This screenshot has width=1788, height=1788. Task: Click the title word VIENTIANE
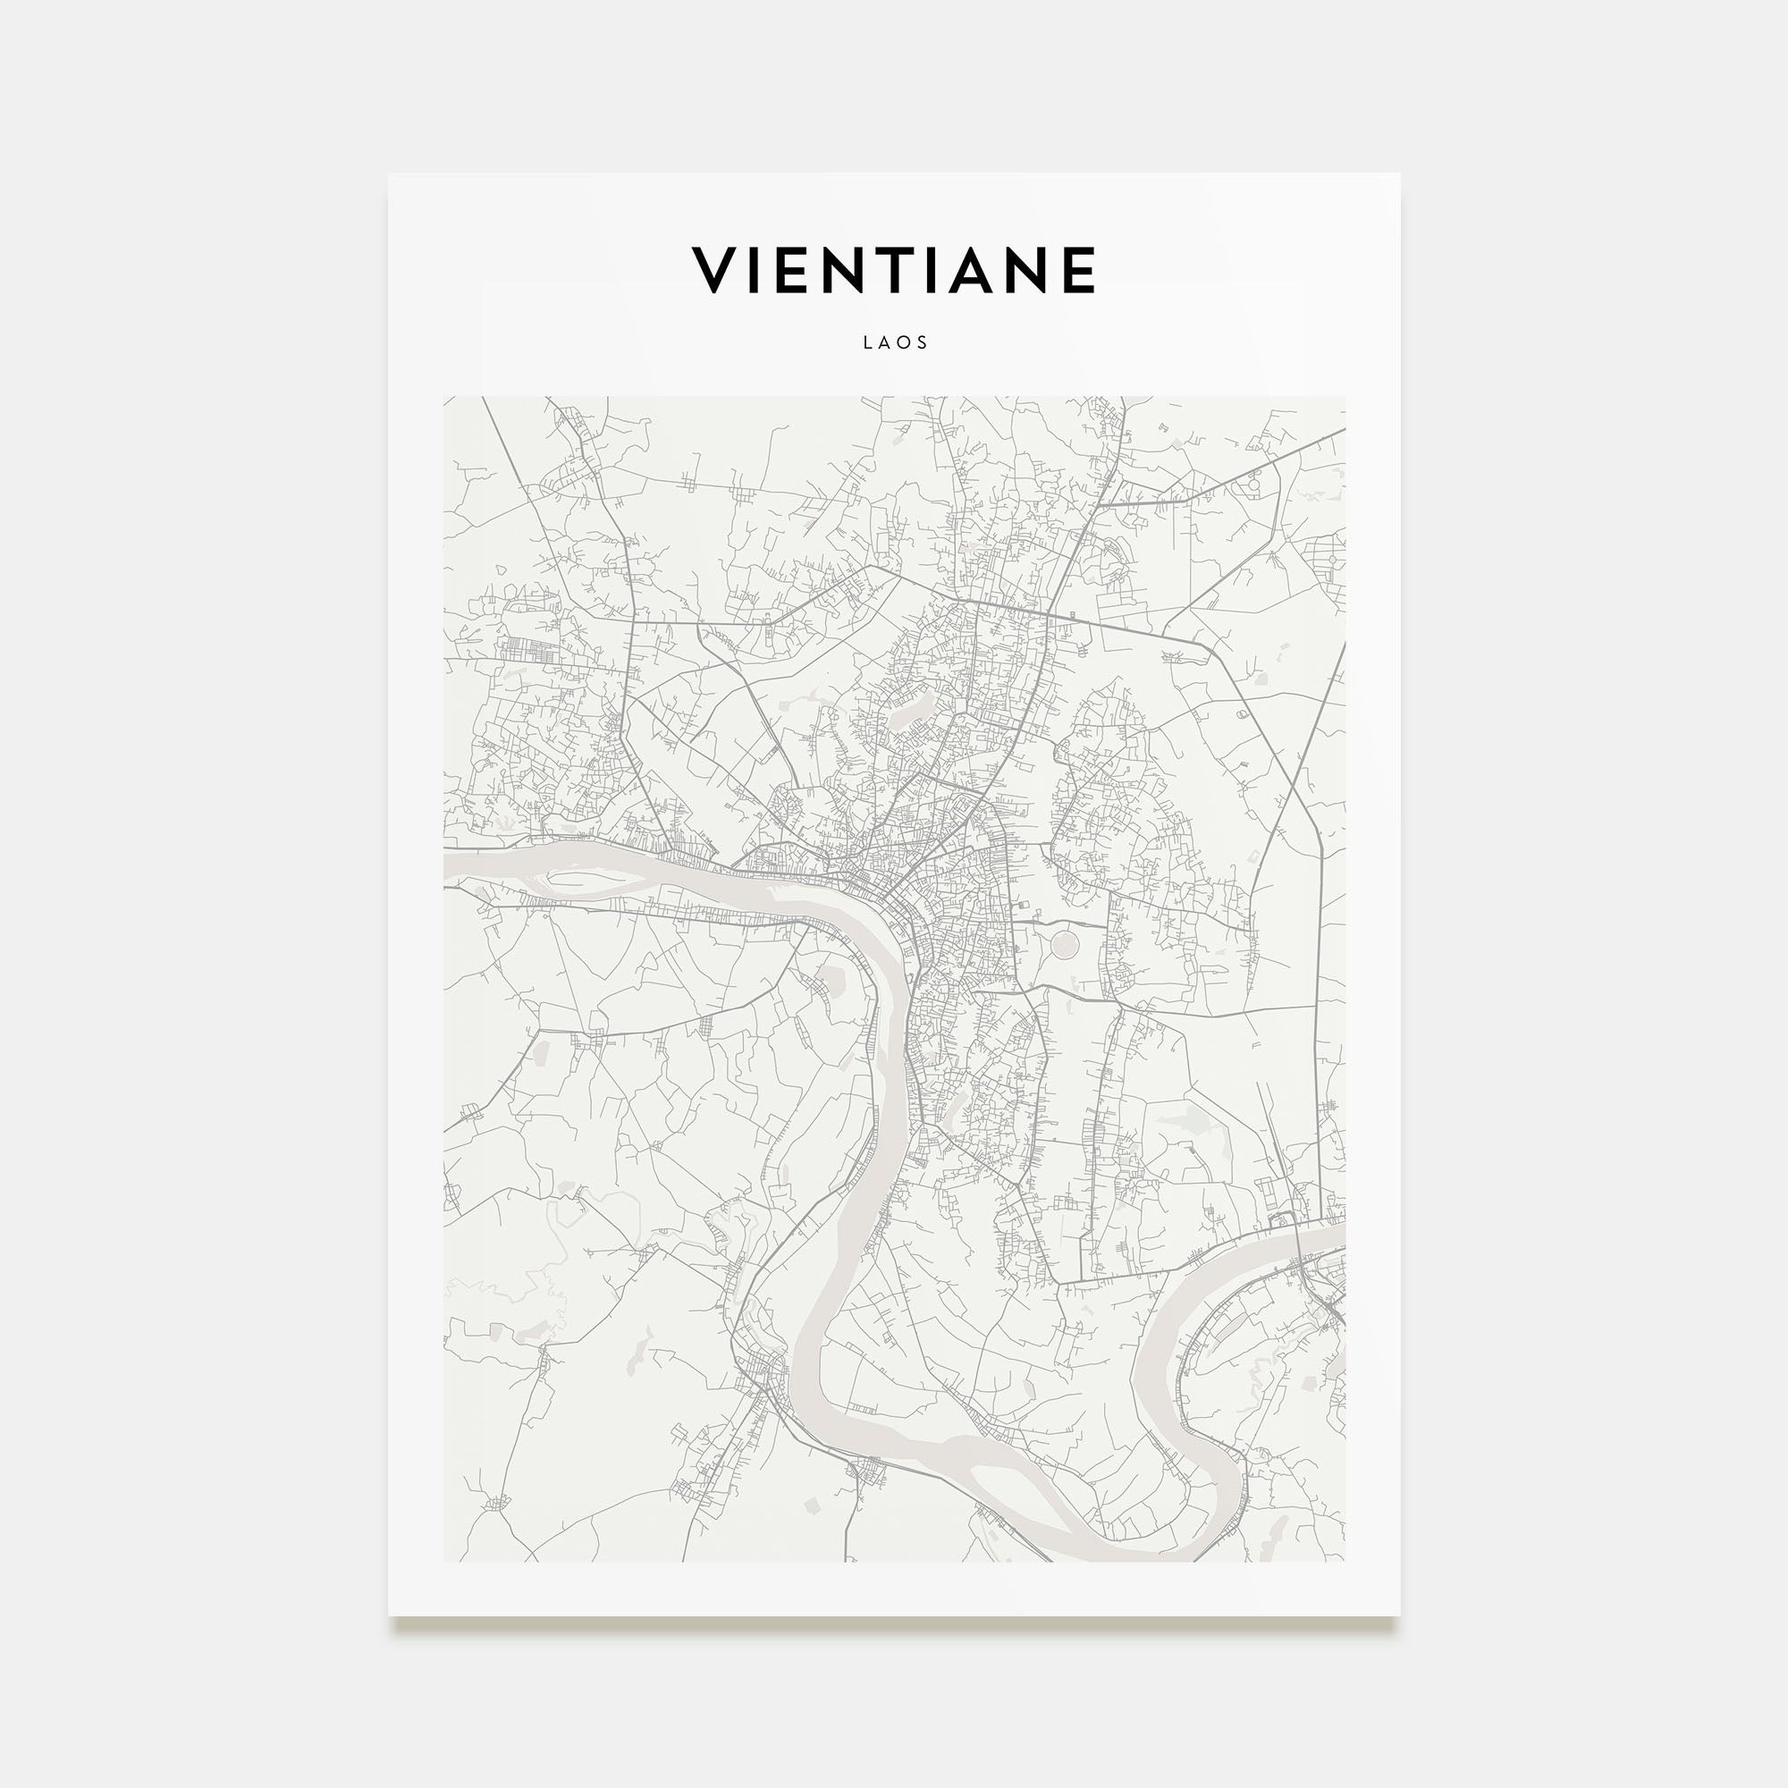(894, 270)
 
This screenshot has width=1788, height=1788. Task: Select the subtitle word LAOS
(895, 342)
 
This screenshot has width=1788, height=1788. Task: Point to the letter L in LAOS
(867, 342)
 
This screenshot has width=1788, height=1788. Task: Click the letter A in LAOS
(885, 342)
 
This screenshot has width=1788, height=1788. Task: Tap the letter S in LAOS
(923, 342)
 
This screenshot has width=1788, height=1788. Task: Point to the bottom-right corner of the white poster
(1398, 1615)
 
